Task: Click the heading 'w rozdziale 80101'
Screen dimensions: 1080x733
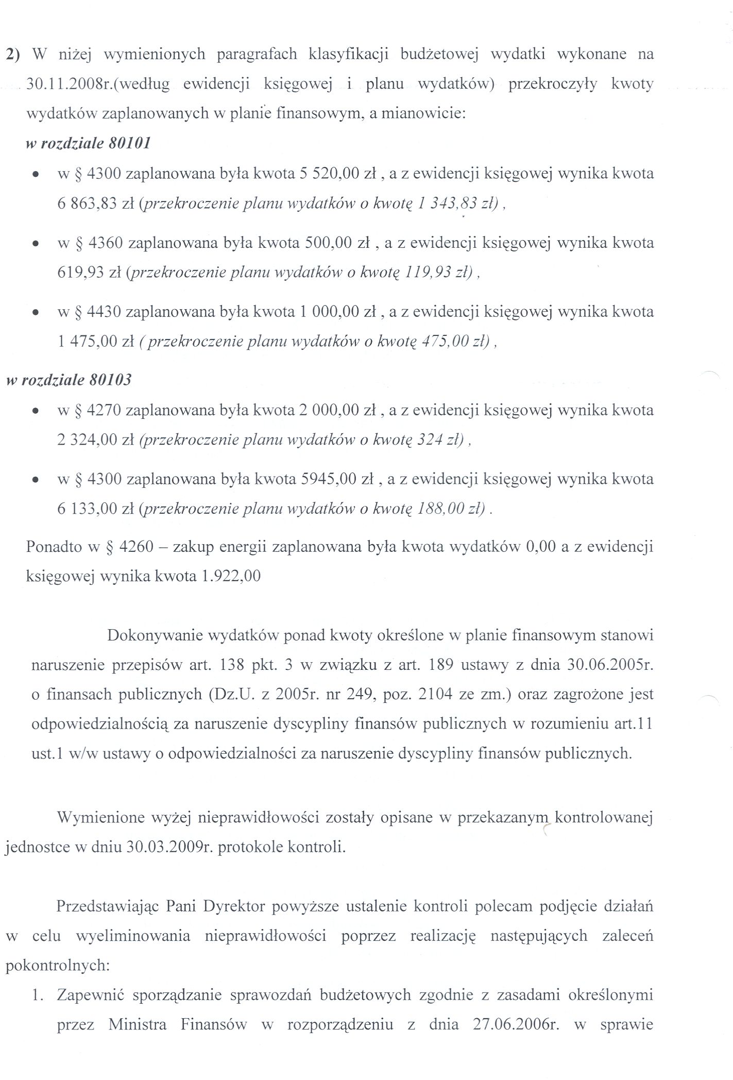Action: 88,143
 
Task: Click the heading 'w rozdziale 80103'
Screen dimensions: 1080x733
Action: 69,380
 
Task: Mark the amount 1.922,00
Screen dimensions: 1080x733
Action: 231,576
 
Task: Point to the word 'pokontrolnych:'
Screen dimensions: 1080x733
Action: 58,966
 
